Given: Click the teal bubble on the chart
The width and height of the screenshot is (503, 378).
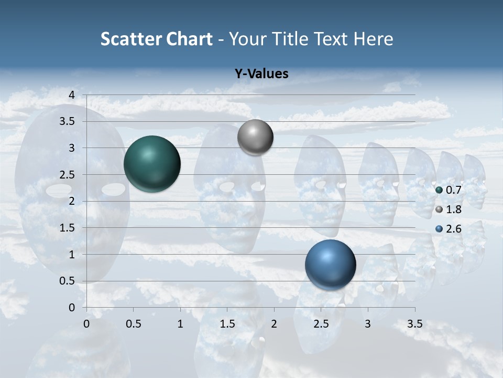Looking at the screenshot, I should (x=152, y=164).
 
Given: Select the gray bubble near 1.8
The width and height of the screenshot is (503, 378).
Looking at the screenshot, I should (x=255, y=138).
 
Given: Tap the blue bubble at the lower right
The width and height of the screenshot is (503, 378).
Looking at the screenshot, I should (x=330, y=265).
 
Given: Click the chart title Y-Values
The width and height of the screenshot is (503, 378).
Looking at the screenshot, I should (x=261, y=74).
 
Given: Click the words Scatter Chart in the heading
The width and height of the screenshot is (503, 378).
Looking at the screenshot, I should (x=156, y=39).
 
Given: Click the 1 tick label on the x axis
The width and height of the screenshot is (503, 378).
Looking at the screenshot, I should (x=180, y=323).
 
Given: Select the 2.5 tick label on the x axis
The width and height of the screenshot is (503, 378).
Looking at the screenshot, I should (x=321, y=323).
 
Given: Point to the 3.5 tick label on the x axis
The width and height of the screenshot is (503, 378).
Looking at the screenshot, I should (x=414, y=323).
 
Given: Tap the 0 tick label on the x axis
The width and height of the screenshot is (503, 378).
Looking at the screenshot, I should (x=86, y=323).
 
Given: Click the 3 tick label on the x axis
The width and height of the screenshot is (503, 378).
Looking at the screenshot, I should (x=368, y=323).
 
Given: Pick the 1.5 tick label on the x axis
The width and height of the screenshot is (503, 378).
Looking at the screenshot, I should (x=227, y=323).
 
